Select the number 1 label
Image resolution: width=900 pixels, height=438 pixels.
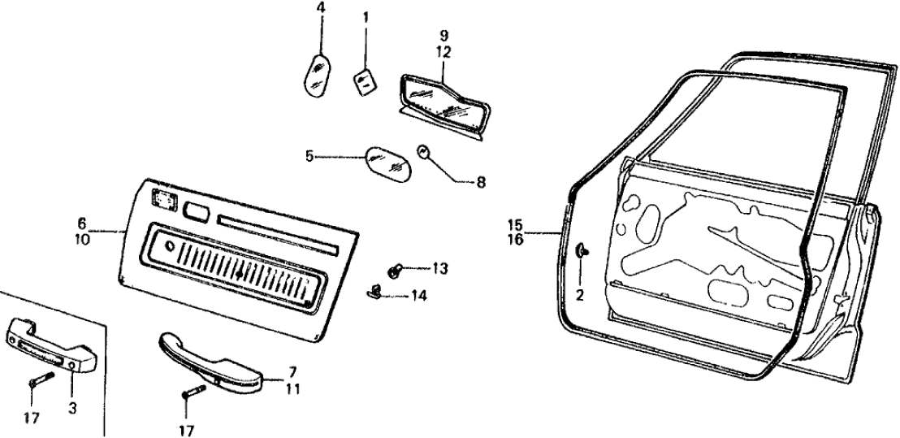366,15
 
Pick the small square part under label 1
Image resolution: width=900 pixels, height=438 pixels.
365,81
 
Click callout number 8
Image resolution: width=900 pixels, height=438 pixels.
481,183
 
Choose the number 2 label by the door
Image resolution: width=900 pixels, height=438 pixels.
580,295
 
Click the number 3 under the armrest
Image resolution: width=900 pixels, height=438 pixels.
71,410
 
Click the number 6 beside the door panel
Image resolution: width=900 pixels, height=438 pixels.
82,221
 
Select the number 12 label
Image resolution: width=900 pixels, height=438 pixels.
444,52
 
